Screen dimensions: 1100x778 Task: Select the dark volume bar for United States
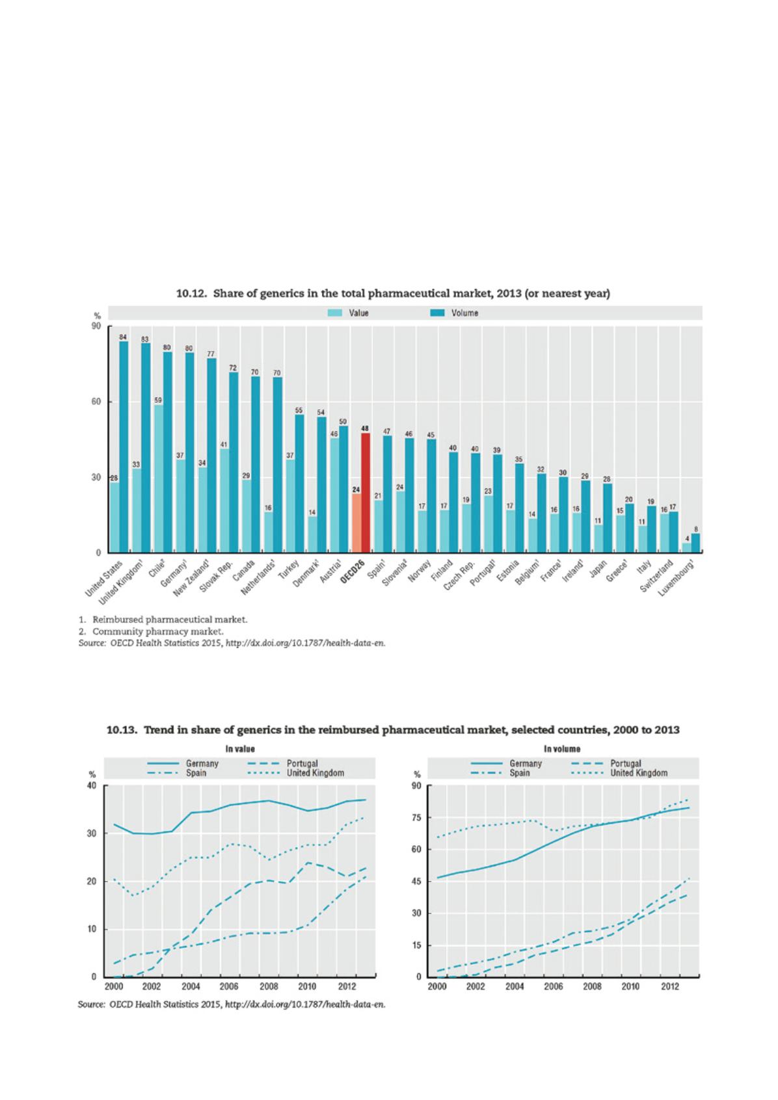point(124,447)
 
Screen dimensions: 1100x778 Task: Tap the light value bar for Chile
point(158,478)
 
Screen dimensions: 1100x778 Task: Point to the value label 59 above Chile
point(158,400)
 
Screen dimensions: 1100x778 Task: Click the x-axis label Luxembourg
point(682,581)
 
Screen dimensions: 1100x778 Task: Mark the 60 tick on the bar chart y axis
point(97,402)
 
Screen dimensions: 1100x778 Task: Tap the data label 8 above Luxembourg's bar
point(696,529)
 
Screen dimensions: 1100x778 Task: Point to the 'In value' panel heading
point(240,749)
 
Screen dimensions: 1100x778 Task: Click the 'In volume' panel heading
point(563,749)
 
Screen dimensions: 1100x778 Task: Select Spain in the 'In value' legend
point(196,773)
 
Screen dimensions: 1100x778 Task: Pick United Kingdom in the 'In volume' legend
point(639,773)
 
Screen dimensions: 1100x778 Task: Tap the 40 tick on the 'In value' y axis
point(91,785)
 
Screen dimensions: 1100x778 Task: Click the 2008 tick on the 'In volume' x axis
point(592,986)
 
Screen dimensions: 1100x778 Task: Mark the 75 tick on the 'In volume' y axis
point(416,817)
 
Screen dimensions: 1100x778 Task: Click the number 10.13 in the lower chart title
point(122,729)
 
